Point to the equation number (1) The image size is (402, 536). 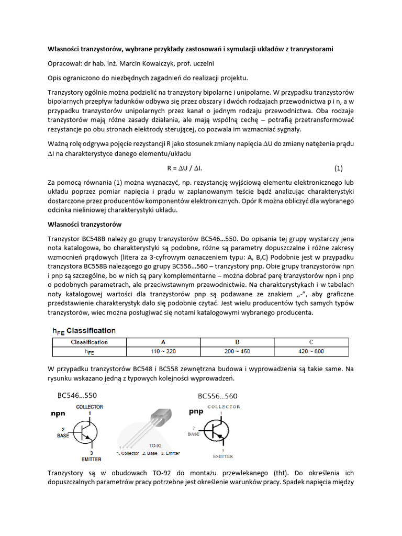[338, 168]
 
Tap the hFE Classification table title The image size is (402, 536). [84, 330]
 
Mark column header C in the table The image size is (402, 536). [310, 342]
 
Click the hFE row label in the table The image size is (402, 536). [89, 352]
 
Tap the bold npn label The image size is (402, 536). [58, 413]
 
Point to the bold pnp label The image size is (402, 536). [196, 411]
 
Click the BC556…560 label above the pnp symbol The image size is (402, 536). [217, 396]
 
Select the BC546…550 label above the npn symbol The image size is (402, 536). [73, 395]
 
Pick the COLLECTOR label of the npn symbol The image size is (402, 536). [90, 406]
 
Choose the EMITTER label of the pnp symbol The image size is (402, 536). [222, 456]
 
